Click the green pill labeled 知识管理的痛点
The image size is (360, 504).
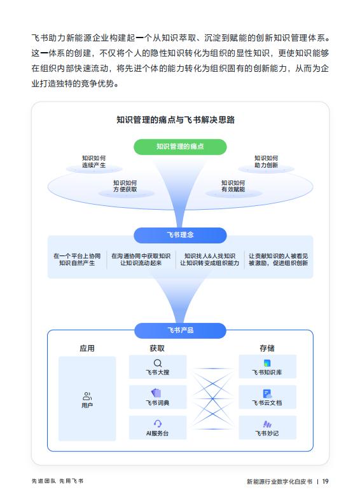[x=180, y=147]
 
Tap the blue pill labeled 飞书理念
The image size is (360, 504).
[x=180, y=235]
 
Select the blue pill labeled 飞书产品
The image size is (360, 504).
[x=180, y=330]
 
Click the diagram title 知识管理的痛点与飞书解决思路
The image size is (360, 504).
[x=176, y=120]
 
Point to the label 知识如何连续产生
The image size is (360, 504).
[x=93, y=161]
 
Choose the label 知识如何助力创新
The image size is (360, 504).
[x=266, y=161]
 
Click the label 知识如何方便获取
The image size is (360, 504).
[x=125, y=186]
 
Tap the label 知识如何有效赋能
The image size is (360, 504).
[x=233, y=186]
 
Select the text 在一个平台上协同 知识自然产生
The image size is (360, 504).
[x=77, y=259]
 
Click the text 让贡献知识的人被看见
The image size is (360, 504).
[x=279, y=256]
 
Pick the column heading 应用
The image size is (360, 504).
[x=87, y=348]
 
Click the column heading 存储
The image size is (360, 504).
[x=267, y=348]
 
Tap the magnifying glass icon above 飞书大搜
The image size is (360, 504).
[x=158, y=363]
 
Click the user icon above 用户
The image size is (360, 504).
[x=87, y=396]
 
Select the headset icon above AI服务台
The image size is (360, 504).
[x=158, y=424]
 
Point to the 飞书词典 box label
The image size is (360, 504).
[x=158, y=403]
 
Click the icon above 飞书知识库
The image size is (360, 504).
[x=267, y=363]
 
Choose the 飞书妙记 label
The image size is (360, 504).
[x=267, y=433]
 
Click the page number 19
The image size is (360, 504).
[x=326, y=481]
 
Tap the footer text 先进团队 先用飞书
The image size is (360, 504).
[x=57, y=481]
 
